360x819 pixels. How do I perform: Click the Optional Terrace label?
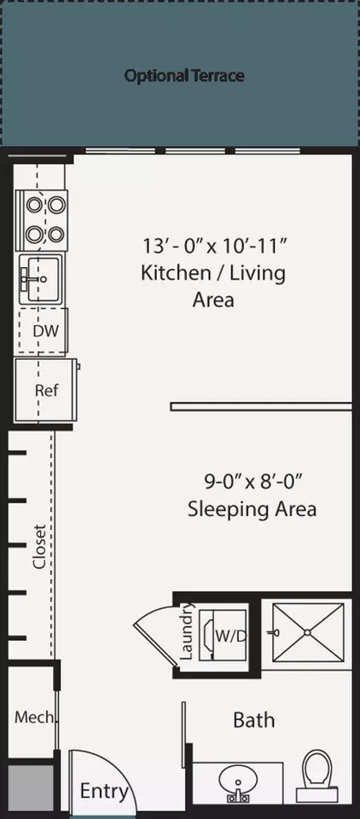184,76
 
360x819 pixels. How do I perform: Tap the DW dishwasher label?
45,331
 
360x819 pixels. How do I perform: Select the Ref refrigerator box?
46,390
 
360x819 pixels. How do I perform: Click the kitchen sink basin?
43,279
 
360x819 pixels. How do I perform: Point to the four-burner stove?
43,220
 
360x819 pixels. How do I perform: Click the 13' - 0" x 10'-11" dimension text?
214,245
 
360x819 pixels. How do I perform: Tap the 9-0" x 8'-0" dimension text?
253,481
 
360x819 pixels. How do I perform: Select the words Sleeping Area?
252,508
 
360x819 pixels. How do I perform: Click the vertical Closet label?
40,546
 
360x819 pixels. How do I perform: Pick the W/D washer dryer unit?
224,636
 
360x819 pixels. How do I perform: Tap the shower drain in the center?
307,632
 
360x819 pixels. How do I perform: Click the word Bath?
254,720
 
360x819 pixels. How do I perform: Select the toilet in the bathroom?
316,775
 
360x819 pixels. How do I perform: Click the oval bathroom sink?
238,782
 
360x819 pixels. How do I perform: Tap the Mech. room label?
34,717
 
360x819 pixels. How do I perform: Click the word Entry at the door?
104,792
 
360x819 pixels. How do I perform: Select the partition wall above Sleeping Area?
261,406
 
